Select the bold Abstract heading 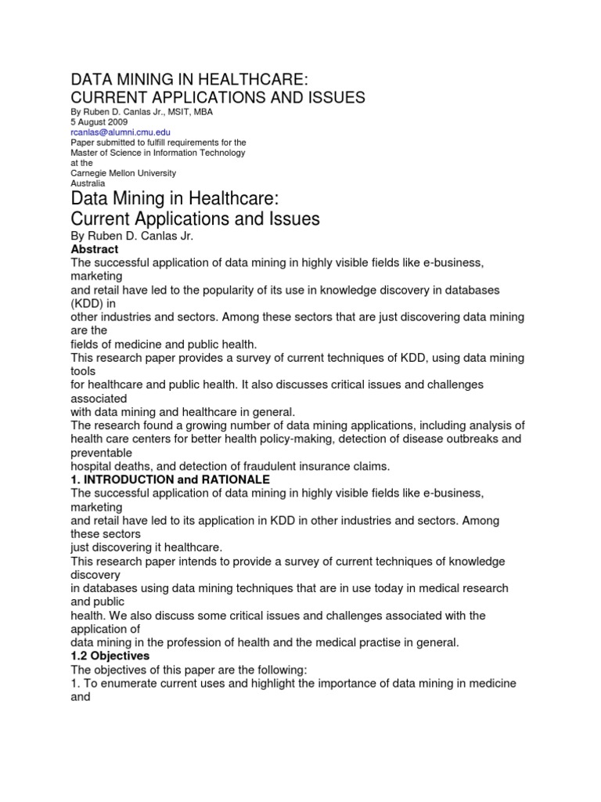[95, 249]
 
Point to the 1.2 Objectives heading [110, 655]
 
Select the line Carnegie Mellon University [124, 173]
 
